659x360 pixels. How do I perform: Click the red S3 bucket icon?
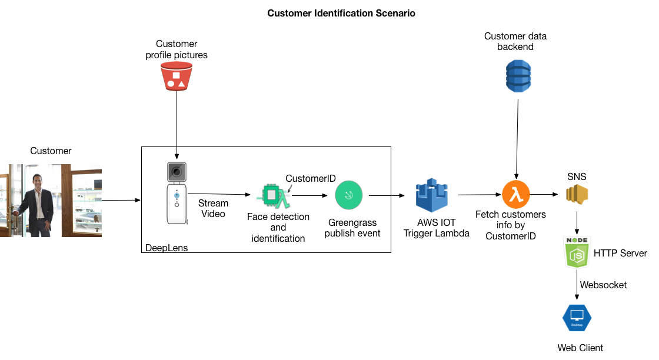tap(177, 76)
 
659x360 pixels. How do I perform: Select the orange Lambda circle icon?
tap(516, 195)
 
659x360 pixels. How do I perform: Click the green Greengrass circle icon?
tap(349, 195)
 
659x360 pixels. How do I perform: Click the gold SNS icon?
tap(577, 195)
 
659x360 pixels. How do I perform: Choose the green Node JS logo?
tap(577, 253)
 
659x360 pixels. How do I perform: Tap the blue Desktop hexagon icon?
tap(577, 318)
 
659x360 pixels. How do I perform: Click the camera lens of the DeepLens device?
tap(176, 172)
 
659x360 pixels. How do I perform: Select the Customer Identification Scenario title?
tap(341, 13)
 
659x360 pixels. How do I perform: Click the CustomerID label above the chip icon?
tap(311, 178)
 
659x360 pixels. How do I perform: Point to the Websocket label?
tap(603, 285)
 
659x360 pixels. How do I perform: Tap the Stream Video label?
tap(213, 209)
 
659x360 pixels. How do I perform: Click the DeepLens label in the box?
tap(167, 248)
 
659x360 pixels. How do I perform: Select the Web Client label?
tap(580, 348)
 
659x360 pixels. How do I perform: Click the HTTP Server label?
tap(620, 254)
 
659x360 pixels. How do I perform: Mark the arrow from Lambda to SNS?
tap(544, 195)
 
